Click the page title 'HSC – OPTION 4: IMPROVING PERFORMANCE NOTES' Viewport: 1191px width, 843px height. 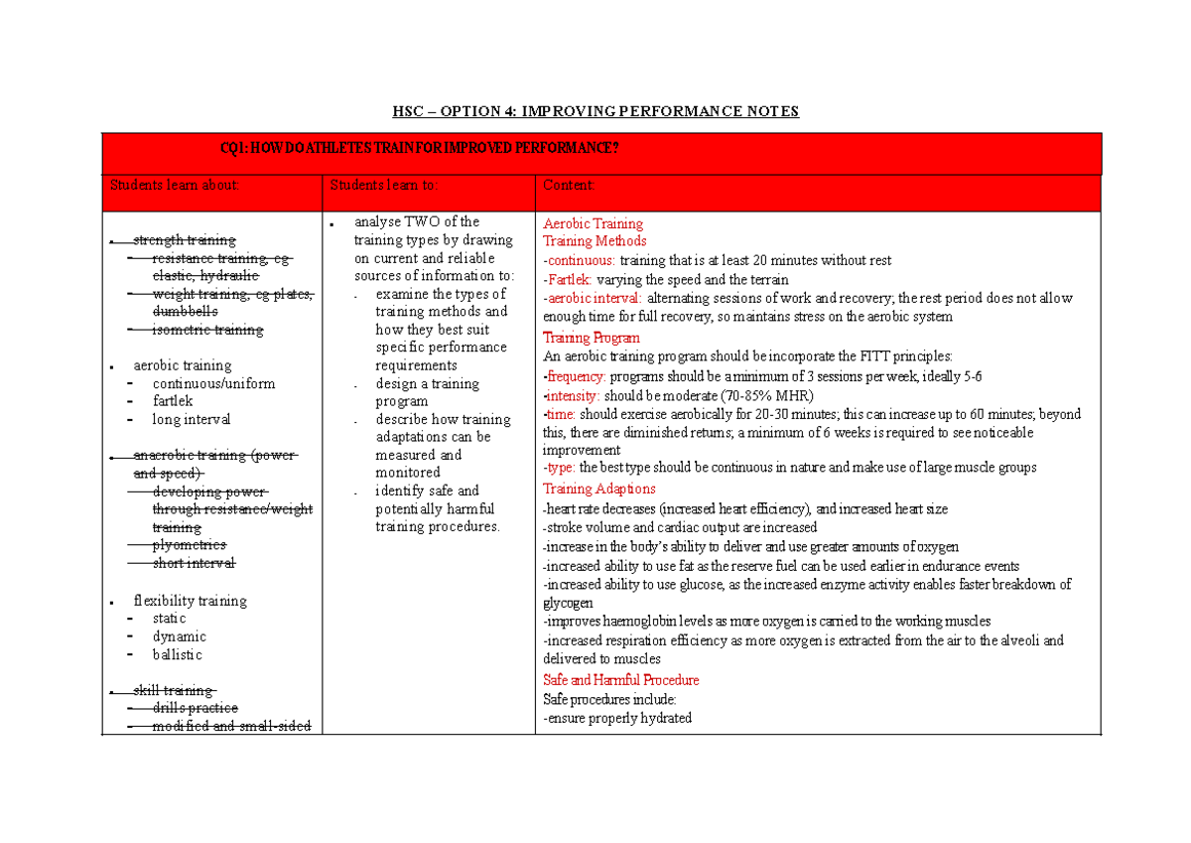coord(595,111)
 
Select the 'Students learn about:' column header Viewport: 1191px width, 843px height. coord(175,185)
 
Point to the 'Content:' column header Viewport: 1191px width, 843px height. coord(569,185)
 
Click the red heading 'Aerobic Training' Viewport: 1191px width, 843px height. coord(593,223)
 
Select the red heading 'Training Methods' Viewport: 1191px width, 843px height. coord(595,241)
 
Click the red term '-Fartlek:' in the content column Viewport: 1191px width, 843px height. coord(568,279)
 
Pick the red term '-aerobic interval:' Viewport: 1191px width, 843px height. coord(593,298)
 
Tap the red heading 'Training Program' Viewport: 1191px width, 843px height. coord(592,338)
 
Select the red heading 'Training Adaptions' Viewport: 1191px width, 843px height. coord(598,489)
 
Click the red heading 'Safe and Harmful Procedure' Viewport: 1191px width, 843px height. coord(620,680)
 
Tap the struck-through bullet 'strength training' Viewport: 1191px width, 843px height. coord(185,240)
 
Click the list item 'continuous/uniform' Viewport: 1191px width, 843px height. coord(213,383)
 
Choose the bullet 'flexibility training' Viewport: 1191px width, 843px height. coord(190,601)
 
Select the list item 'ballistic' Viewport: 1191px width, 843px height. coord(177,654)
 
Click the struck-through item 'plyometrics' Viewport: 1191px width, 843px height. coord(189,545)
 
